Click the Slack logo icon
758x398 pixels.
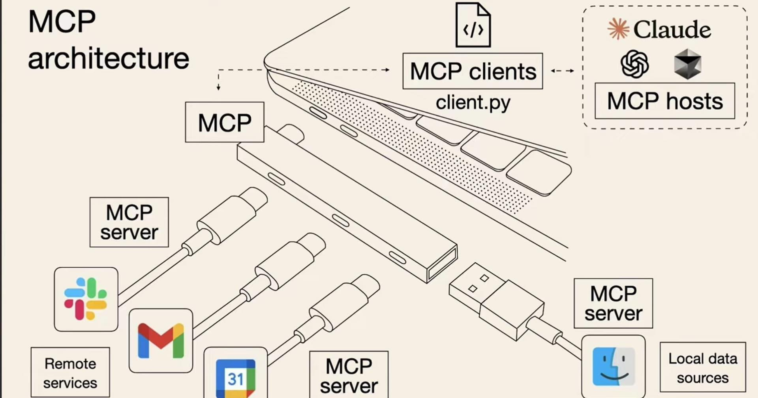(86, 299)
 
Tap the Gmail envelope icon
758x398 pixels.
(161, 341)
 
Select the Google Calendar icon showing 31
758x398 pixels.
(236, 377)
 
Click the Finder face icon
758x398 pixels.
(613, 366)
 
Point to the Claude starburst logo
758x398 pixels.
(618, 29)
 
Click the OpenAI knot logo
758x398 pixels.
(634, 64)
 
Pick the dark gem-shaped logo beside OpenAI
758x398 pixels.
(688, 64)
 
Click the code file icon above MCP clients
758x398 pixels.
(473, 26)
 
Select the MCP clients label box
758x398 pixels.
(473, 71)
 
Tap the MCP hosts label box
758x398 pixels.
(664, 101)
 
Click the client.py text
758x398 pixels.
(473, 102)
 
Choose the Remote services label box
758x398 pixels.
(70, 373)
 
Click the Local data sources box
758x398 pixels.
(702, 367)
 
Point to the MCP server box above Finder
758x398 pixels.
(613, 304)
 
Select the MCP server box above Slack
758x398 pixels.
(129, 222)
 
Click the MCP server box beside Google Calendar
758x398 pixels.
(349, 374)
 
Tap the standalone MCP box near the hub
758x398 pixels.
(225, 122)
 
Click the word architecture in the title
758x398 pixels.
(108, 58)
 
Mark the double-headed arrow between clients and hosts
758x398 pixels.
(563, 71)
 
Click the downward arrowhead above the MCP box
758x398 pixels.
(218, 87)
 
